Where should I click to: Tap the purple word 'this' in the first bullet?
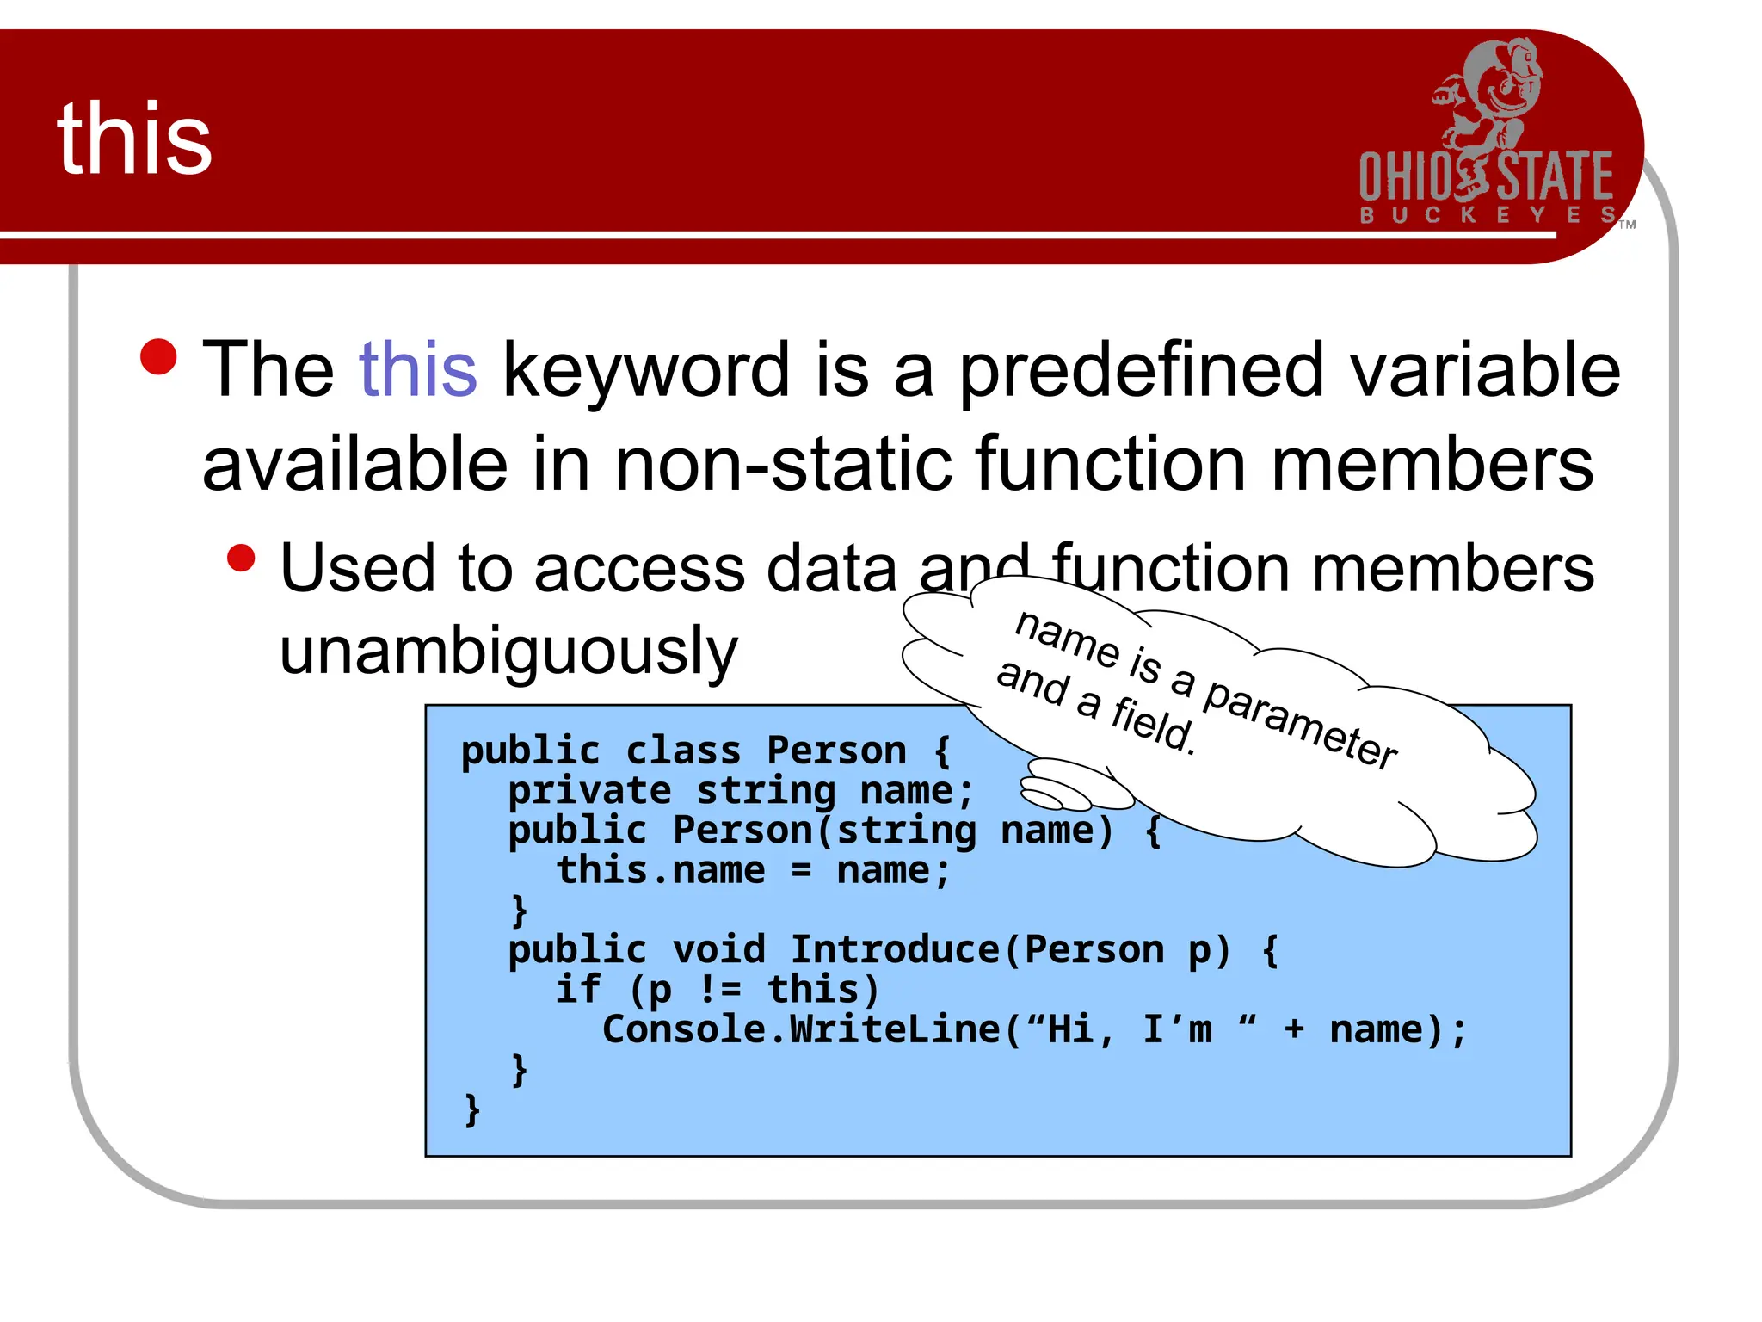[x=417, y=370]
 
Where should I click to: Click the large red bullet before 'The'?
[x=158, y=357]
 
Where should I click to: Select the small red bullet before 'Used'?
[x=242, y=558]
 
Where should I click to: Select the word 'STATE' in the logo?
[x=1556, y=176]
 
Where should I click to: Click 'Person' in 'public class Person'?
[x=836, y=751]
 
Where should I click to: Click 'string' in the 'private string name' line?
[x=765, y=790]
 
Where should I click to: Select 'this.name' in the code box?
[x=660, y=870]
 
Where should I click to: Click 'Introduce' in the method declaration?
[x=895, y=949]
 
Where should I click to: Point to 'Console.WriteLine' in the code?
[x=800, y=1029]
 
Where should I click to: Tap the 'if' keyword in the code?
[x=577, y=989]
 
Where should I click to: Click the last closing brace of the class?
[x=471, y=1109]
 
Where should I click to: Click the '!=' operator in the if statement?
[x=719, y=989]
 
